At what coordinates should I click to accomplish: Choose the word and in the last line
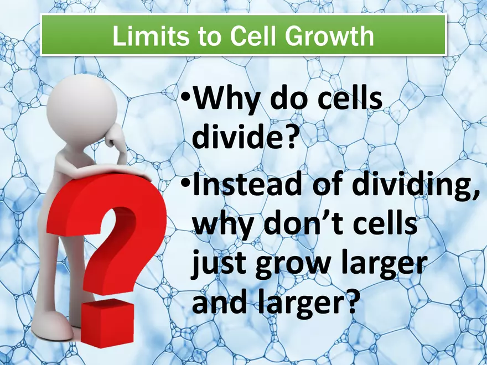[217, 303]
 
